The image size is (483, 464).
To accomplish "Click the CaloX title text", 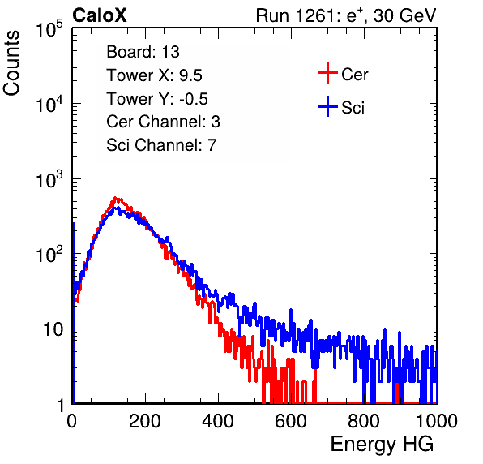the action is [x=100, y=15].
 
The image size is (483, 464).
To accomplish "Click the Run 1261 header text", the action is [x=346, y=15].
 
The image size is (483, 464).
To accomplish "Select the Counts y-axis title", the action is [x=11, y=63].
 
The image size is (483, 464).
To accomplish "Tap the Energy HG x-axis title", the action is [x=382, y=445].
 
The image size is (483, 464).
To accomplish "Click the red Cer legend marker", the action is [x=327, y=73].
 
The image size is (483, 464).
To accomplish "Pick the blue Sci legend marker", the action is [x=327, y=107].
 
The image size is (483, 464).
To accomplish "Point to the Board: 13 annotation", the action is [x=143, y=52].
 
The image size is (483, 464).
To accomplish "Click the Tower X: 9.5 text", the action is [x=154, y=75].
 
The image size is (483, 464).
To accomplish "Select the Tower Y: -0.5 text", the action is [x=157, y=99].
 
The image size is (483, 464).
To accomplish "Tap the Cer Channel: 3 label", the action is [x=163, y=122].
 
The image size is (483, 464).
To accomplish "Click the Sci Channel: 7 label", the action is [x=161, y=145].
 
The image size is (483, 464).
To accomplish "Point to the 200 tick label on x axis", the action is [x=145, y=421].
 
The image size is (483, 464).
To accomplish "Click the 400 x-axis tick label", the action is [x=218, y=421].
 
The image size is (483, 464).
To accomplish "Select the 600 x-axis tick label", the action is [x=291, y=421].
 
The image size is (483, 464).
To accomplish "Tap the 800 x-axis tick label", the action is [x=364, y=421].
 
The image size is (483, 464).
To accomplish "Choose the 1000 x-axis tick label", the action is [x=437, y=421].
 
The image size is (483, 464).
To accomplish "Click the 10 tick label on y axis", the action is [x=53, y=329].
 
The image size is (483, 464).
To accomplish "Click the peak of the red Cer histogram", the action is [x=115, y=198].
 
